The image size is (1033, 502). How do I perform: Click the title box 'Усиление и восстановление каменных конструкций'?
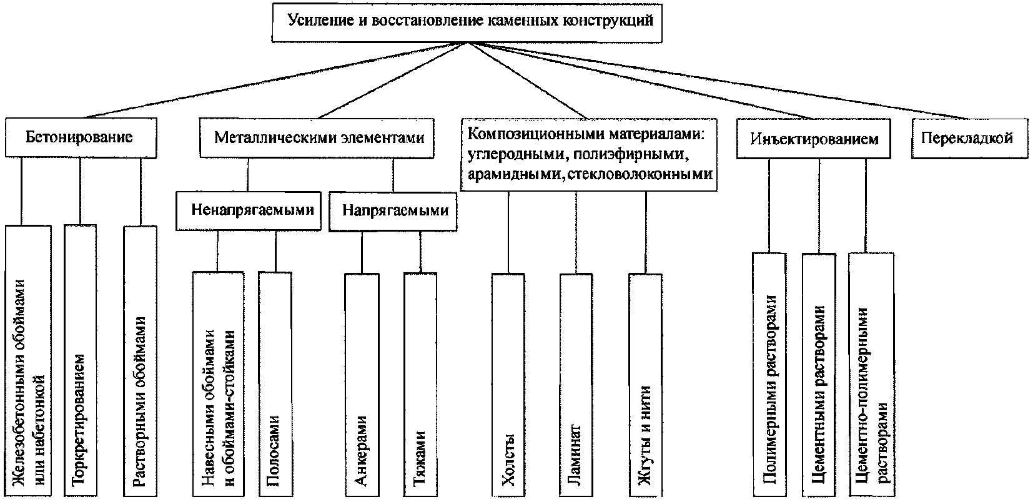[x=467, y=23]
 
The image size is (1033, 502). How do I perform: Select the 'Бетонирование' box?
[x=81, y=138]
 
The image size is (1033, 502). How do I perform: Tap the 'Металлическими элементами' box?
[x=317, y=138]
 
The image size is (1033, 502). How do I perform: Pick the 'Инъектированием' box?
[x=814, y=139]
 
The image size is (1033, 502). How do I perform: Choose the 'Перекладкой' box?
[x=969, y=139]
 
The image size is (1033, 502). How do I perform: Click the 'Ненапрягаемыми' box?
[x=249, y=210]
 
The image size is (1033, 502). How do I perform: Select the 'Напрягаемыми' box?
[x=393, y=211]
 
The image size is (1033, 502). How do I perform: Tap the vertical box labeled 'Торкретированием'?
[x=80, y=360]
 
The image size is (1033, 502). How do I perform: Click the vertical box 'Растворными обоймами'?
[x=140, y=360]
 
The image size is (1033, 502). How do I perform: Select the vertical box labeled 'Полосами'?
[x=275, y=385]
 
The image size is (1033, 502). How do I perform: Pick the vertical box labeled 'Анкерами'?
[x=362, y=385]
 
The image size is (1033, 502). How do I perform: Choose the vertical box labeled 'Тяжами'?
[x=420, y=385]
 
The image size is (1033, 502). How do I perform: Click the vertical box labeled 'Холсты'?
[x=508, y=385]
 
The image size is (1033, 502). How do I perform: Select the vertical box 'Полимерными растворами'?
[x=769, y=375]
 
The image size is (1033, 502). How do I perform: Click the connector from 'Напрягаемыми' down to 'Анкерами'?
[x=362, y=252]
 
